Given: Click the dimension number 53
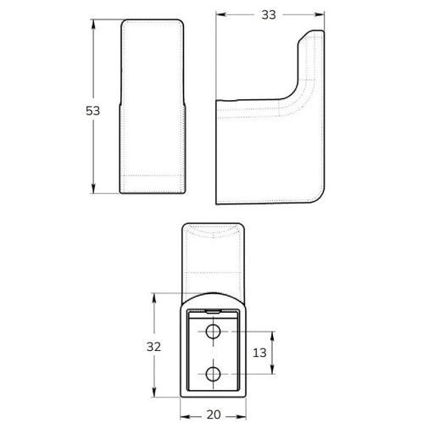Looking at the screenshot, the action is click(x=92, y=110).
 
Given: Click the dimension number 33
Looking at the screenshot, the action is click(x=269, y=14).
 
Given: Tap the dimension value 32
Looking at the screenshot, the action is click(x=153, y=347).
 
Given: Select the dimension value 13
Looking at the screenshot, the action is click(x=259, y=353).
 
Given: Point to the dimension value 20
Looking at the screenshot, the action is click(x=214, y=415).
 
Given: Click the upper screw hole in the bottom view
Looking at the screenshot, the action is click(x=214, y=331).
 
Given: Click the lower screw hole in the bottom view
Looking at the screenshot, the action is click(x=214, y=374).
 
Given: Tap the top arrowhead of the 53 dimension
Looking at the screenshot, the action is click(x=93, y=25).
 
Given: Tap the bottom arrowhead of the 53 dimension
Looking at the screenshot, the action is click(x=93, y=188).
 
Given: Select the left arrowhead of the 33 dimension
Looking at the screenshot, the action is click(x=221, y=14).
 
